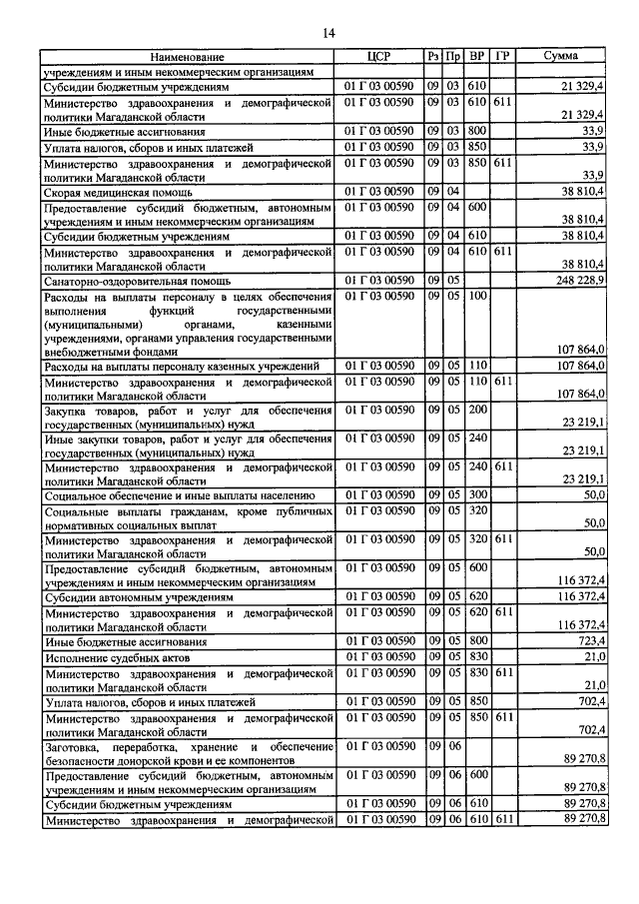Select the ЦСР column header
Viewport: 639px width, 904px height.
click(379, 57)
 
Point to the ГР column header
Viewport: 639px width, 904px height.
click(502, 57)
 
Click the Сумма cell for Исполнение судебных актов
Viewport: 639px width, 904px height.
click(594, 658)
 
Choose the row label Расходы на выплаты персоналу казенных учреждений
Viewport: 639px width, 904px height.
click(181, 367)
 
